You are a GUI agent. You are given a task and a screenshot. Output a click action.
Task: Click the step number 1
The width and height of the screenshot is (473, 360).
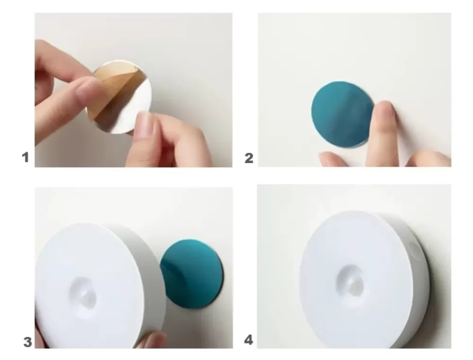click(26, 157)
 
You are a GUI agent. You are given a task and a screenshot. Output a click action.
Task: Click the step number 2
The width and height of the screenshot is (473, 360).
click(249, 158)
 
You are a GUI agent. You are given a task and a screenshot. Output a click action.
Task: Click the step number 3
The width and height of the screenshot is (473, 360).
click(27, 342)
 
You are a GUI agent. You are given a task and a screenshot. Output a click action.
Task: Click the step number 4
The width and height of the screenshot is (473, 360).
click(248, 340)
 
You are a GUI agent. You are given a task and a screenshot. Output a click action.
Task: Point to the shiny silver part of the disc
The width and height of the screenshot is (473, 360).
click(133, 109)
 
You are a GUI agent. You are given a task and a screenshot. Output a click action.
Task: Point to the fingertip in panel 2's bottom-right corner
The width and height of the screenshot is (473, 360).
click(430, 159)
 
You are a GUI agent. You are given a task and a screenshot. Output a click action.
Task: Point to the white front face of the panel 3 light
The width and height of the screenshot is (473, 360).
click(90, 287)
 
